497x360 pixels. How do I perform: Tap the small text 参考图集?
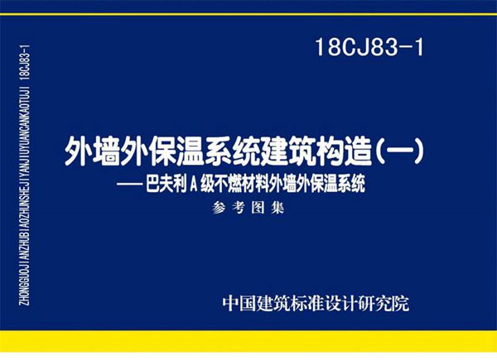click(248, 209)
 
